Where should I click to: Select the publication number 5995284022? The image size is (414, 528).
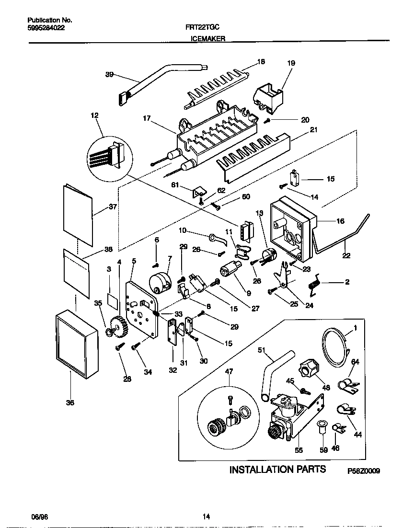tap(46, 28)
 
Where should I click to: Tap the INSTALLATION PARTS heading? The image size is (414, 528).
tap(277, 469)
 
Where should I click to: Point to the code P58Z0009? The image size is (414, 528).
tap(364, 471)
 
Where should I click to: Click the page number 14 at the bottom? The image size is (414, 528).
tap(206, 516)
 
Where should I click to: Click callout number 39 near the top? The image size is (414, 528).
tap(109, 74)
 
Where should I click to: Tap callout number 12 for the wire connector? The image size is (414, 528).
tap(94, 115)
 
